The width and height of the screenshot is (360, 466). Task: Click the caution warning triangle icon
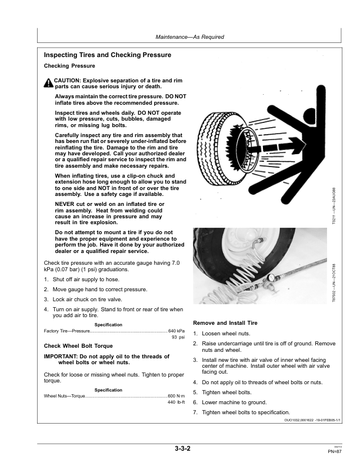pos(48,82)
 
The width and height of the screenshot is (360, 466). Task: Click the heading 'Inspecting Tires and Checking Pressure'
pos(108,55)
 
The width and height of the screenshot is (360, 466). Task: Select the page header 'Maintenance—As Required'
pos(189,37)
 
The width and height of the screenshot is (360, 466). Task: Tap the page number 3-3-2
pos(182,449)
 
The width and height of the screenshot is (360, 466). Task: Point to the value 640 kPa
pos(176,331)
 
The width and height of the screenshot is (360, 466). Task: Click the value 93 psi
pos(178,338)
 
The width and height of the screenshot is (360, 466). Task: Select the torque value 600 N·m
pos(176,395)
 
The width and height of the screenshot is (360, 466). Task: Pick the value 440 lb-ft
pos(176,402)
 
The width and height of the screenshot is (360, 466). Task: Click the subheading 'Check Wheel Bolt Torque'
pos(78,346)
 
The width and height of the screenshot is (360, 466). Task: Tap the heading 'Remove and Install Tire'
pos(225,324)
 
